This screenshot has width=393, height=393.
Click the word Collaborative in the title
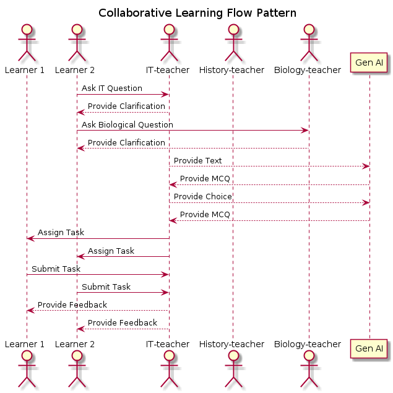coord(135,13)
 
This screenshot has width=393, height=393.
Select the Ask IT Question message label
coord(112,89)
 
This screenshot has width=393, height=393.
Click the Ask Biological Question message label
coord(127,124)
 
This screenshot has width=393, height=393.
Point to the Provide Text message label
coord(198,160)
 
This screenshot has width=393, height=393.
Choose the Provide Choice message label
coord(203,197)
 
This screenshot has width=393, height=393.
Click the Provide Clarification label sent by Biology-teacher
coord(126,142)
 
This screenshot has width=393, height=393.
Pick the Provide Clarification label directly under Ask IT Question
coord(126,106)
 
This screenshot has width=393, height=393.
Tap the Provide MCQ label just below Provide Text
coord(205,178)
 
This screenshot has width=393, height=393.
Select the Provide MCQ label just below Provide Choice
coord(205,215)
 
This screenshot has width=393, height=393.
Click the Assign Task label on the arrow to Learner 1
coord(61,233)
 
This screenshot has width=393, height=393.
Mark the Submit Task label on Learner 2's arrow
coord(106,287)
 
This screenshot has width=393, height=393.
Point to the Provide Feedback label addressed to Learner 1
coord(72,304)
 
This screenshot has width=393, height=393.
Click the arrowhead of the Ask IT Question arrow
coord(165,95)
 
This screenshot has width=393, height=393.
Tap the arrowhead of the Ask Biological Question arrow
coord(304,131)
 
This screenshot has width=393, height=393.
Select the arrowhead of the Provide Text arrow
coord(366,166)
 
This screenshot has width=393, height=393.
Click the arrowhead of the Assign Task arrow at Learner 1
coord(31,239)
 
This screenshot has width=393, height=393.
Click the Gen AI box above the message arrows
coord(369,63)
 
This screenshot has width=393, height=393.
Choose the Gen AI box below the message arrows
coord(369,348)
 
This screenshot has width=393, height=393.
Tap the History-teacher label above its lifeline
coord(231,70)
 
